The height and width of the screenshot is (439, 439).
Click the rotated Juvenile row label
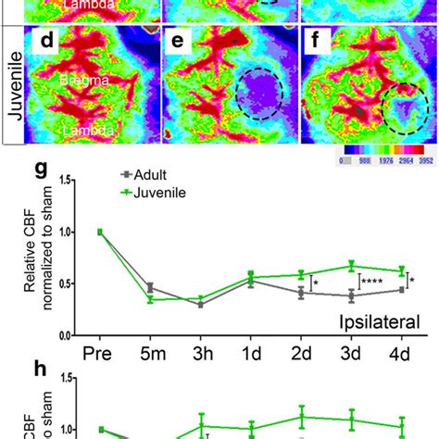click(13, 84)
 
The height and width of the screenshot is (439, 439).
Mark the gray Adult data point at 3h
click(201, 304)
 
